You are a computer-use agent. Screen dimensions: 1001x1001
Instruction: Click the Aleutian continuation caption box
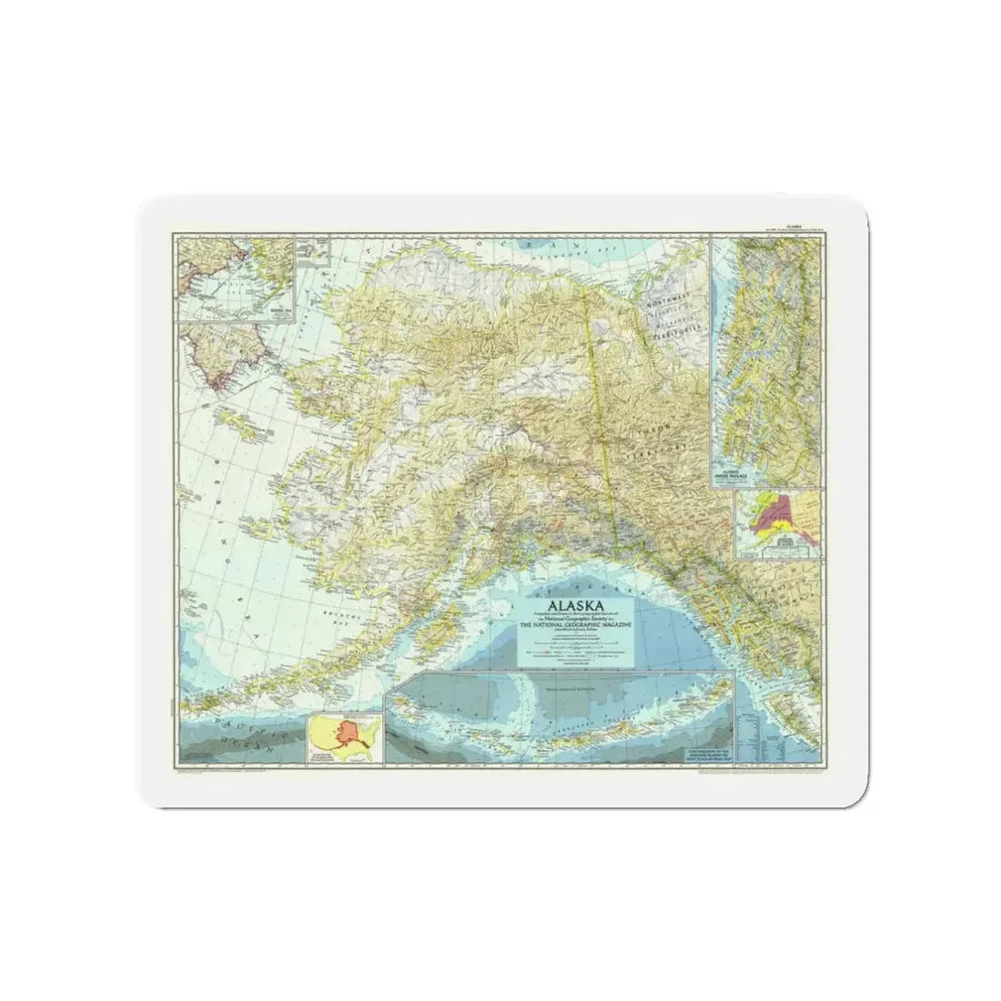tap(705, 754)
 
